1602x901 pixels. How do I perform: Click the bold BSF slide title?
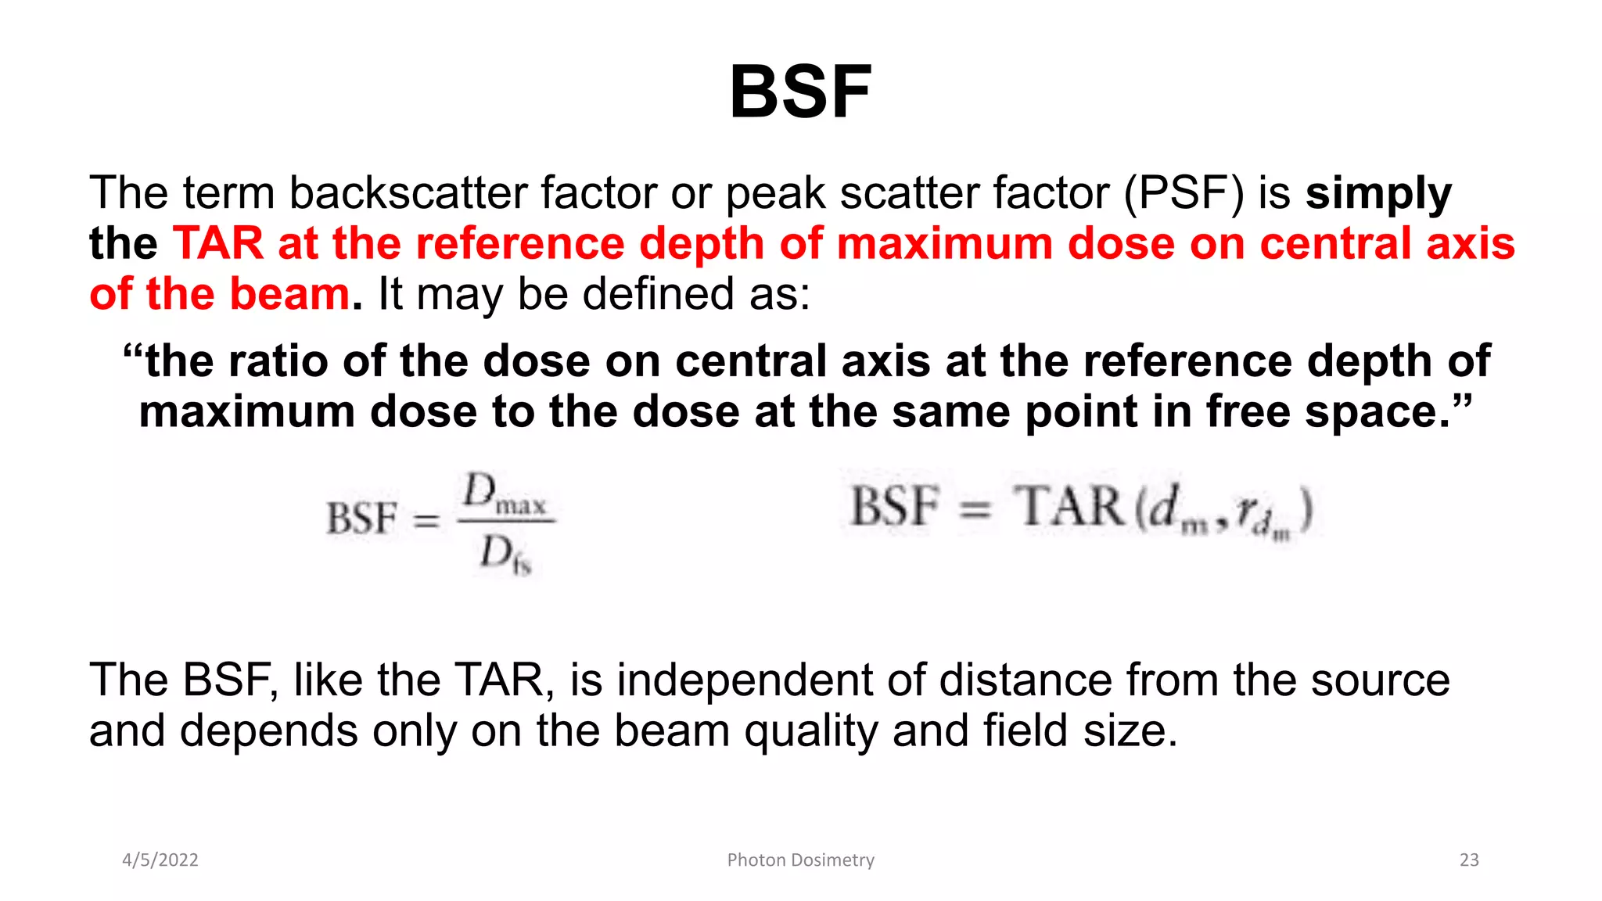[x=800, y=92]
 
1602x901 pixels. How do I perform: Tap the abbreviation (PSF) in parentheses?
[x=1184, y=193]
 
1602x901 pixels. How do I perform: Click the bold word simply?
[x=1378, y=193]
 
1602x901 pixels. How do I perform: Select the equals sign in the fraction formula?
[x=426, y=519]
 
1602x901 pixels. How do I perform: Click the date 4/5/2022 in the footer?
[x=160, y=860]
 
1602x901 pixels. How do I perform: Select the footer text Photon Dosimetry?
[x=800, y=860]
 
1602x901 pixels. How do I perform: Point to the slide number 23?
[x=1469, y=860]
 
